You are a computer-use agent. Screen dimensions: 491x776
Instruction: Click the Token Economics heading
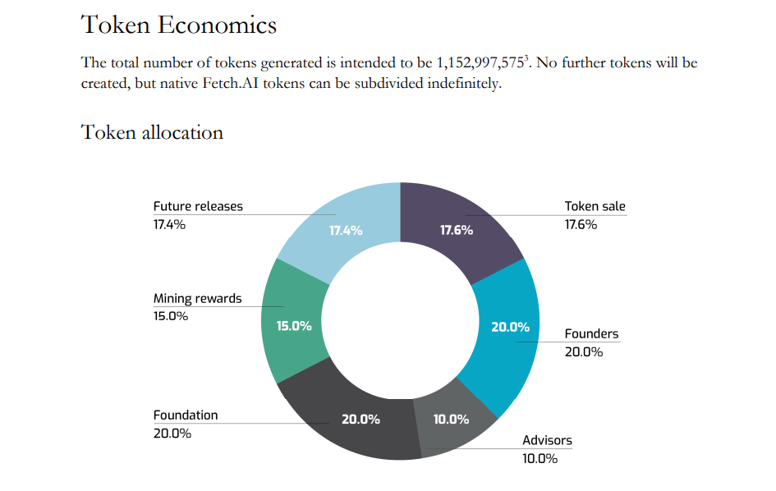[x=179, y=25]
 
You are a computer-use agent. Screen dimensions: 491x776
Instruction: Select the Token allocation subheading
[x=152, y=131]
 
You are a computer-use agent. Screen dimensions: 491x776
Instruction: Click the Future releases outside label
[x=198, y=206]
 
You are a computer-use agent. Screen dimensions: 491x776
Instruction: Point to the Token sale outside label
[x=595, y=206]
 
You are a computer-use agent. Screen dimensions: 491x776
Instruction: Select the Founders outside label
[x=591, y=334]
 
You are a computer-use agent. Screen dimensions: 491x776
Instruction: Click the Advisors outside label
[x=547, y=440]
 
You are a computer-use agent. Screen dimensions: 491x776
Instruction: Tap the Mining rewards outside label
[x=197, y=298]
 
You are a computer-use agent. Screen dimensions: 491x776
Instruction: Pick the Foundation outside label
[x=186, y=415]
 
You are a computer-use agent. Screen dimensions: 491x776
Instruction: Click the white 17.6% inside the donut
[x=457, y=230]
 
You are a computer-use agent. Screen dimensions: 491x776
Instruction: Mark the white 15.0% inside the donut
[x=294, y=326]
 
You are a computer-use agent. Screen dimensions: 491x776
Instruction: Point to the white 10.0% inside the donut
[x=451, y=420]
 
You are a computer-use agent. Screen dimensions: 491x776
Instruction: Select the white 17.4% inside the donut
[x=346, y=230]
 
